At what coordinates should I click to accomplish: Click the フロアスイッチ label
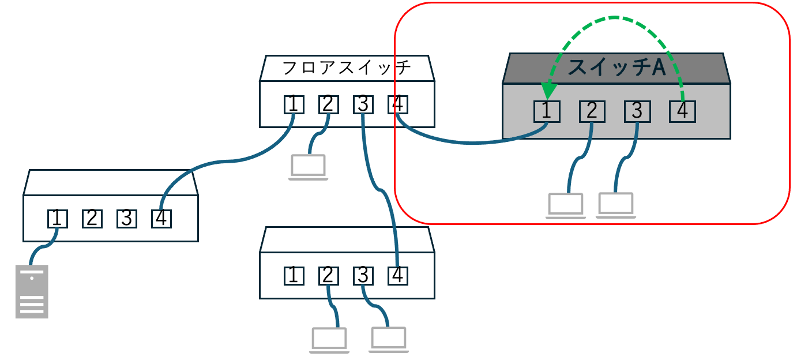347,68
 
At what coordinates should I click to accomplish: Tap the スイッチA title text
616,67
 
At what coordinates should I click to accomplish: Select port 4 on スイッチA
682,111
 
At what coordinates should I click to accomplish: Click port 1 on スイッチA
547,111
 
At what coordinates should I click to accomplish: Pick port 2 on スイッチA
592,111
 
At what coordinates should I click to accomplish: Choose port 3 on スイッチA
637,111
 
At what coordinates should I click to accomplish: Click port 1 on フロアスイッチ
294,104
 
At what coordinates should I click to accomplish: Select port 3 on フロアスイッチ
363,104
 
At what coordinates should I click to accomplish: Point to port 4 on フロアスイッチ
398,104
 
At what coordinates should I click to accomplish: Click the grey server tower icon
32,291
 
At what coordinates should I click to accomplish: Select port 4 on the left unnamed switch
161,219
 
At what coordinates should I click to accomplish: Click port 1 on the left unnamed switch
58,219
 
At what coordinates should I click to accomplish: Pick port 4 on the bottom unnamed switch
397,276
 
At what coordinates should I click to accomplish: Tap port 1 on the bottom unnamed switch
294,276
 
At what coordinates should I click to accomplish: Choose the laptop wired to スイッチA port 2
566,206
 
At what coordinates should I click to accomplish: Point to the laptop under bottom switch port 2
330,340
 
